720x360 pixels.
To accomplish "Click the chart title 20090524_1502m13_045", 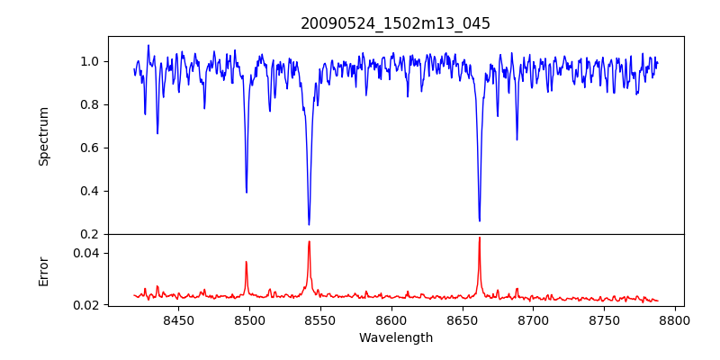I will click(x=395, y=23).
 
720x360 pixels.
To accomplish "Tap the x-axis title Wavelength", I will click(x=395, y=338).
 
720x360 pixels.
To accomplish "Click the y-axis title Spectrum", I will click(x=43, y=136).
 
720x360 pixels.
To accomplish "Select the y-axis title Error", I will click(x=43, y=271).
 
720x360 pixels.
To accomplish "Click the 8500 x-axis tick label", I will click(x=249, y=319).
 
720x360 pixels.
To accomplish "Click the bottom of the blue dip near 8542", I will click(x=309, y=224).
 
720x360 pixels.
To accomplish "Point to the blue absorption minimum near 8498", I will click(x=247, y=192).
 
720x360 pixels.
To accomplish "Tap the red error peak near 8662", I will click(x=479, y=238).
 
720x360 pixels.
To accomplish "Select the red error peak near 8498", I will click(x=247, y=262).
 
